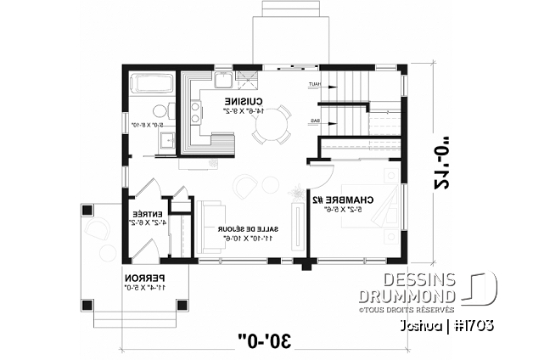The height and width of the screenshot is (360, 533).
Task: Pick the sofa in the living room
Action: tap(211, 228)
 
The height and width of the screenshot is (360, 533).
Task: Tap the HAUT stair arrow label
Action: tap(313, 85)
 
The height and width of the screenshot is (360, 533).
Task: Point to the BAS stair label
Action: tap(314, 121)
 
